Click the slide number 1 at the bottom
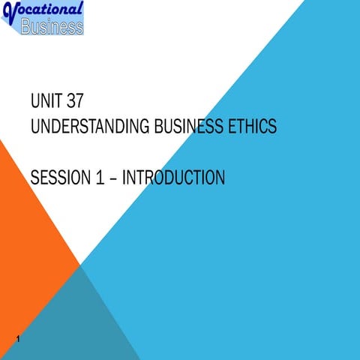point(16,343)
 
